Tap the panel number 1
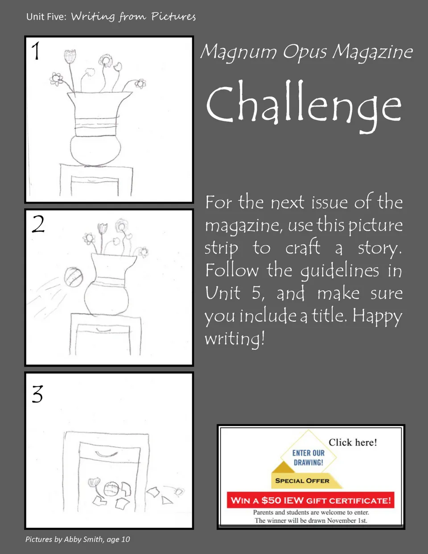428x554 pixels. point(36,51)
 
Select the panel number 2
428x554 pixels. point(38,224)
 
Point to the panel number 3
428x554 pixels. point(37,394)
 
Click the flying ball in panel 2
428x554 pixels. point(74,277)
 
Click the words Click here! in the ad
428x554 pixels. point(353,442)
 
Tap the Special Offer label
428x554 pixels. point(302,481)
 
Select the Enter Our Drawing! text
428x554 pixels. point(309,458)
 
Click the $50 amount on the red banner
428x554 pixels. point(272,500)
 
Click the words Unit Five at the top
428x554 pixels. point(46,17)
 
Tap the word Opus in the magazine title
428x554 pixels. point(305,53)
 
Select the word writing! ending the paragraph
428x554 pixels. point(235,339)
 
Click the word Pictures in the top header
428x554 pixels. point(173,17)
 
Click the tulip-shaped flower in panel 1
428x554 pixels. point(70,56)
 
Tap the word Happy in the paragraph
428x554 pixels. point(377,316)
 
